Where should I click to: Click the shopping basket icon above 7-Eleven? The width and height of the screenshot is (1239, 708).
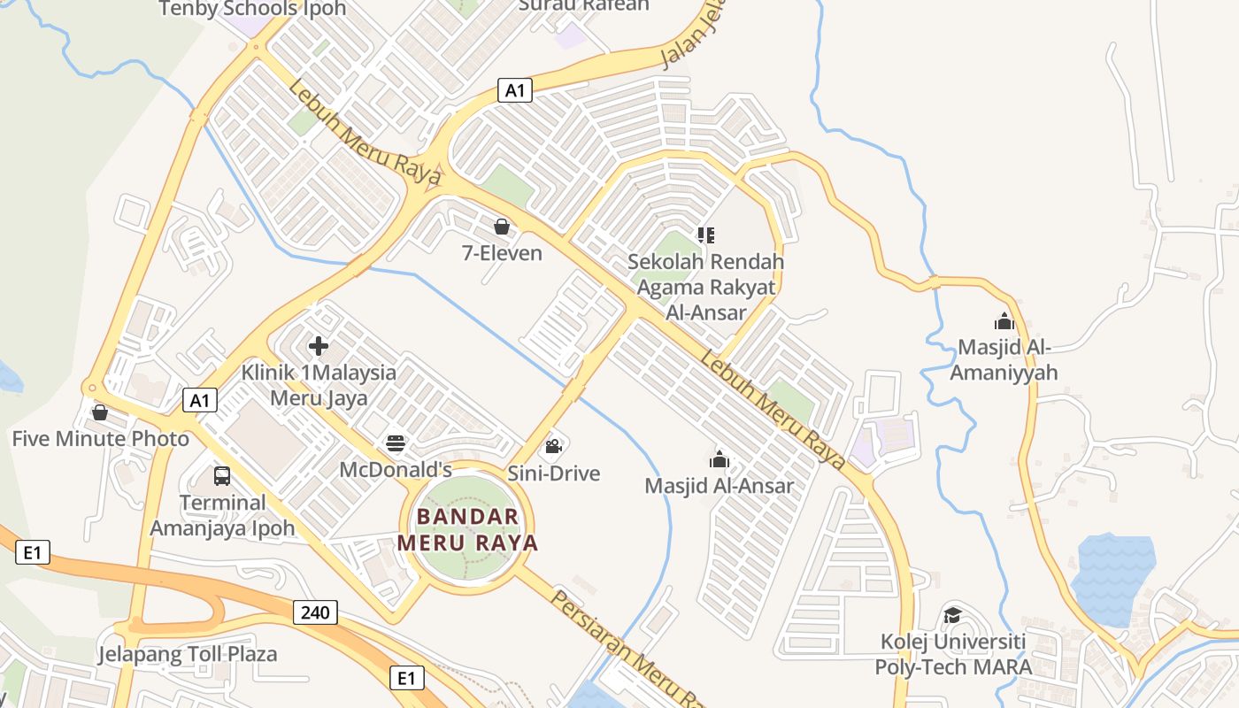(502, 227)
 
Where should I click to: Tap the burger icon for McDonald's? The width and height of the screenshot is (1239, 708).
(396, 442)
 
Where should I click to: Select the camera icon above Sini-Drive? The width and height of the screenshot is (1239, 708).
(554, 446)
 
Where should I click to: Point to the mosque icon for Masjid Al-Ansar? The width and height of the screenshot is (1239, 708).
(719, 459)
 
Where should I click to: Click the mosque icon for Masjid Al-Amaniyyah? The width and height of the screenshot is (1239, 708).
(1004, 320)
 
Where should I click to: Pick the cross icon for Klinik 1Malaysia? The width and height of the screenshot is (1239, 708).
(319, 345)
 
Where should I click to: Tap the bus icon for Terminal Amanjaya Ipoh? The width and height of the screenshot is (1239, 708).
(222, 476)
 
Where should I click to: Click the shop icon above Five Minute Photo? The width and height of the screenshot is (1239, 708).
(100, 412)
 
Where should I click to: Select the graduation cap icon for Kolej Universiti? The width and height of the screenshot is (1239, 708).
(952, 615)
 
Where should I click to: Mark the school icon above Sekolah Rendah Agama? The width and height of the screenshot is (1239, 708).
(705, 235)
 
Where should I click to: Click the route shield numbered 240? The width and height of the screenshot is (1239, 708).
(315, 612)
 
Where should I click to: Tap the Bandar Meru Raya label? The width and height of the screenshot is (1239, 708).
(467, 529)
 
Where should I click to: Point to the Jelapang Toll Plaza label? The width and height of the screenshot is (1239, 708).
(188, 655)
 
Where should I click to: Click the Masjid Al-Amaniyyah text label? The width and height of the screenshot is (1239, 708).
(1004, 359)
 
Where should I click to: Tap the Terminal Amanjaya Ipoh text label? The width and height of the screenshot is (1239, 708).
(222, 515)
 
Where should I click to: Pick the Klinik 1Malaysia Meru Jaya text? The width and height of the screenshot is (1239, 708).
(319, 384)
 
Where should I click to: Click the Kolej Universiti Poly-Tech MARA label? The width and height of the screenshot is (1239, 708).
(952, 654)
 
